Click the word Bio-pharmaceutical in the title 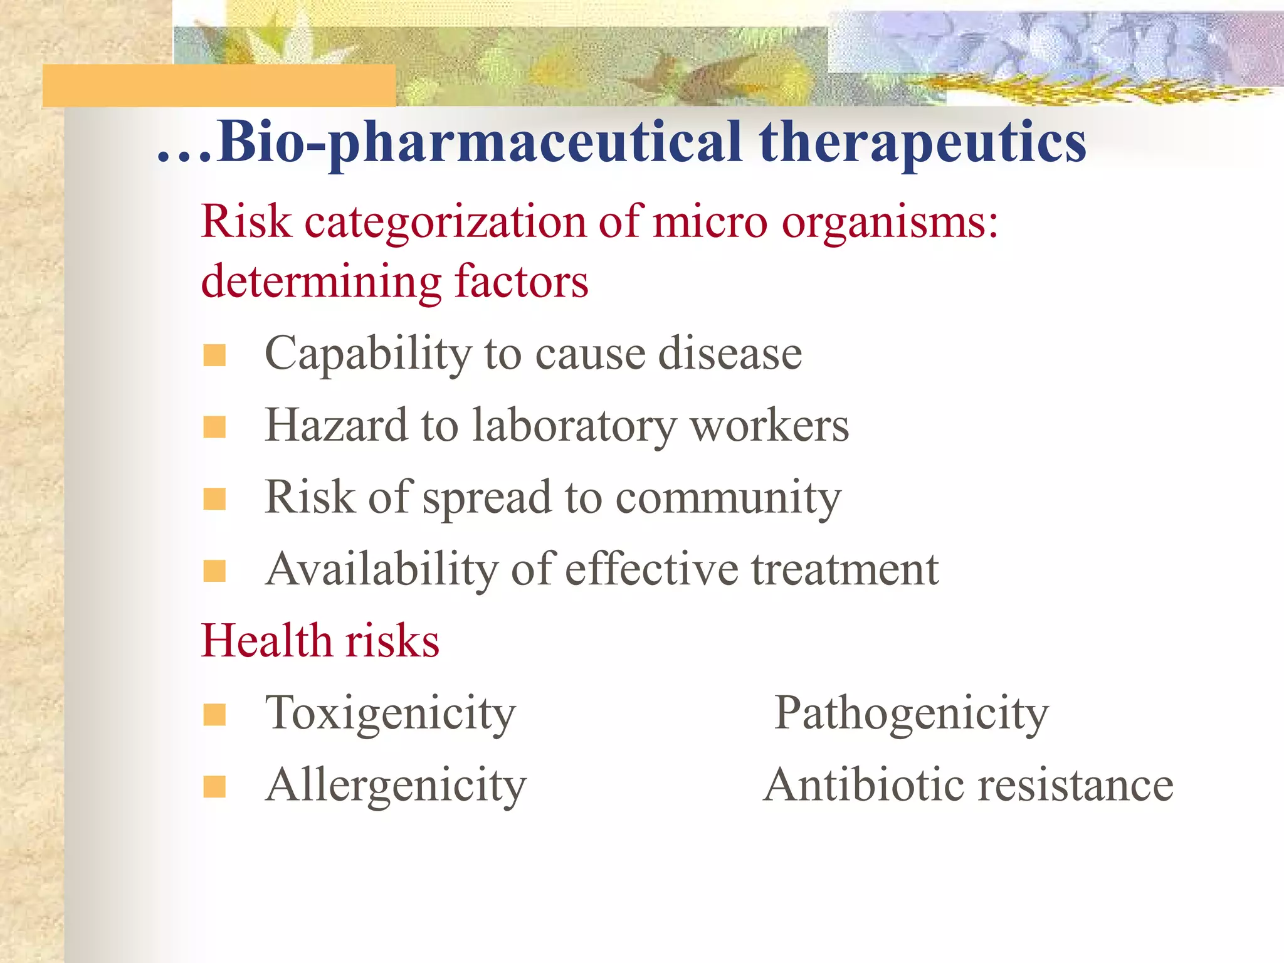coord(480,143)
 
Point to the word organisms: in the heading coord(890,223)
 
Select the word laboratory coord(574,426)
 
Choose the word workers coord(769,426)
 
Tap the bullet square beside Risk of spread coord(214,499)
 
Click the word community coord(728,498)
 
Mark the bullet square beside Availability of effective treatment coord(214,571)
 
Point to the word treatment coord(845,570)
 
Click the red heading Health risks coord(320,641)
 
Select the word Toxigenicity coord(390,713)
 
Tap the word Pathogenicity coord(911,713)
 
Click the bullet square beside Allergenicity coord(214,786)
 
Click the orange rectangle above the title coord(219,85)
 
